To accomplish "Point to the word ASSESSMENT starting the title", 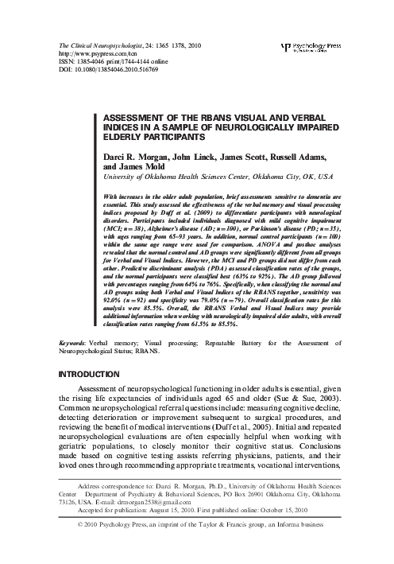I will (x=137, y=115).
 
